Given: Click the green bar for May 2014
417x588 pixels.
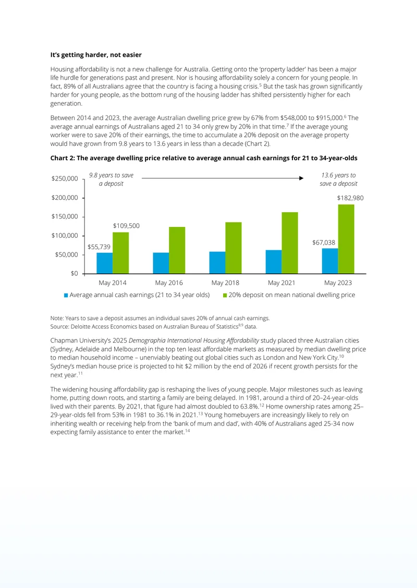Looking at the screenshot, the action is tap(120, 253).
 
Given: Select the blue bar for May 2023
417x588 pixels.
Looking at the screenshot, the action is tap(330, 261).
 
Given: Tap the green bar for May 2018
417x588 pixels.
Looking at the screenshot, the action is tap(234, 248).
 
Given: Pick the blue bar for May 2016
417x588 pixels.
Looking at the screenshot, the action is tap(161, 263).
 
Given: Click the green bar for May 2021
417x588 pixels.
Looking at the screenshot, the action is tap(290, 242).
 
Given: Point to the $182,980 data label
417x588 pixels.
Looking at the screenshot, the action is tap(350, 198).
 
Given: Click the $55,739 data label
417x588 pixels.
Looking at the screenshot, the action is tap(99, 247).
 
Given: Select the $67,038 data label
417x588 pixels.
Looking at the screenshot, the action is tap(324, 242).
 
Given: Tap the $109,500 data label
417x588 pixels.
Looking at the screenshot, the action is tap(126, 226).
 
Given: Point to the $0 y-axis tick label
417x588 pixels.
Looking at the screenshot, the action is tap(74, 273).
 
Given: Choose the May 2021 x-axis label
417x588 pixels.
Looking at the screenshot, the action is tap(281, 283).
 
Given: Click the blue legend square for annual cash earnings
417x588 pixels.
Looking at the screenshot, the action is tap(66, 295).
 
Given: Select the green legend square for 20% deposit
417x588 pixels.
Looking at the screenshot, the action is tap(225, 295).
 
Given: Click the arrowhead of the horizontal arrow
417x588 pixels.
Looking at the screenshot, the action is tap(301, 178).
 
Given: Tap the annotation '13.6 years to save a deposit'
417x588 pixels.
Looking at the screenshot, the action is tap(338, 179).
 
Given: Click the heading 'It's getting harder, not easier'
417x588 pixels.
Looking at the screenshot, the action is tap(96, 55).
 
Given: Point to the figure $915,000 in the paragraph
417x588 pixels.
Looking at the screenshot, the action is tap(330, 118).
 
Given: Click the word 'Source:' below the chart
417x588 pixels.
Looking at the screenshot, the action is tap(59, 327).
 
